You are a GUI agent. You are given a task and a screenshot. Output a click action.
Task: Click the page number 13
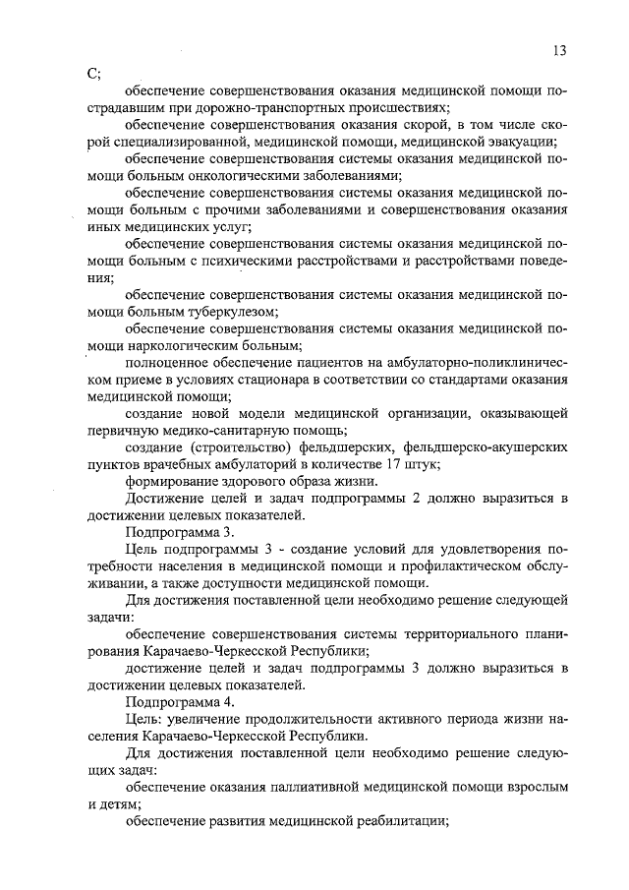pos(559,51)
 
